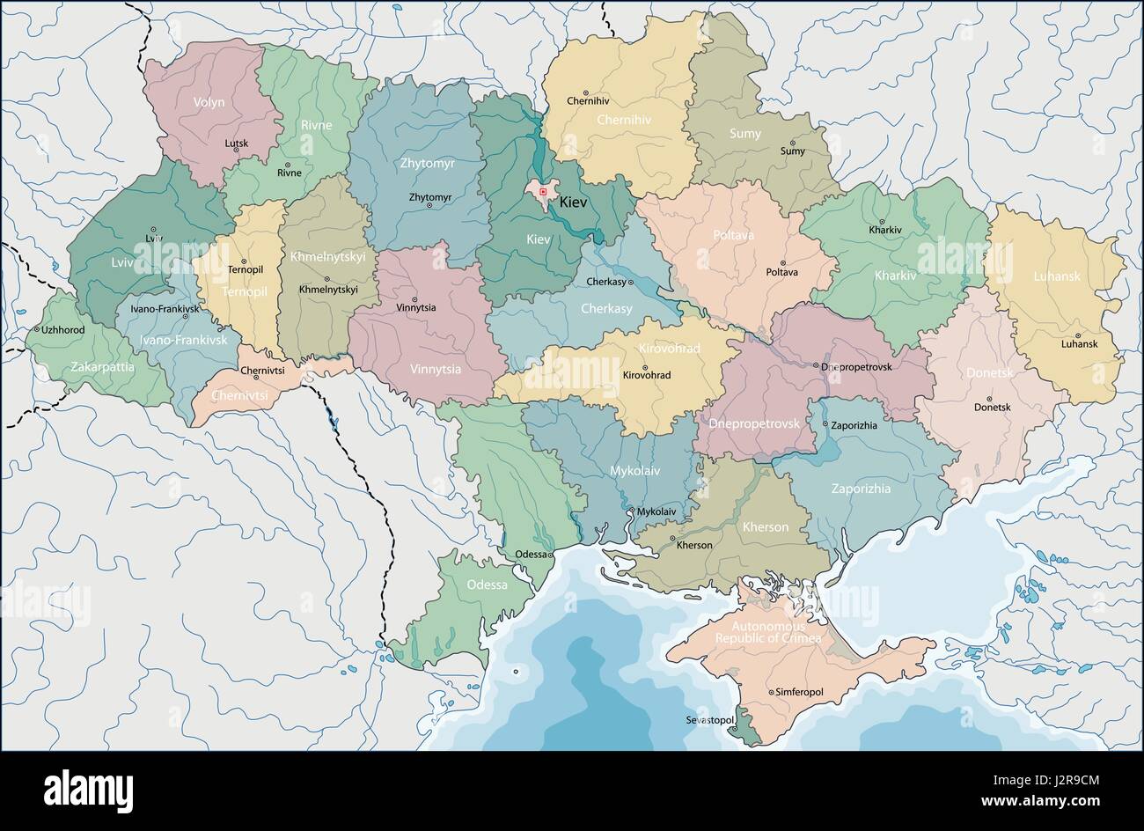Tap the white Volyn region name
pos(209,102)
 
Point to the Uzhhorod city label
pos(60,328)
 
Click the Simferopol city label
pos(799,693)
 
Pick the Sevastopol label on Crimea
pos(709,720)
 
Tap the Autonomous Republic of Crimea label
pos(767,631)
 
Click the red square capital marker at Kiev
pos(543,191)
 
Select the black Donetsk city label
pos(992,408)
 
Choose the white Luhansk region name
pos(1056,276)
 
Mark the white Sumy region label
pos(745,134)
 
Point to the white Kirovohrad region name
pos(669,349)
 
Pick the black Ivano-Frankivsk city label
pos(165,309)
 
